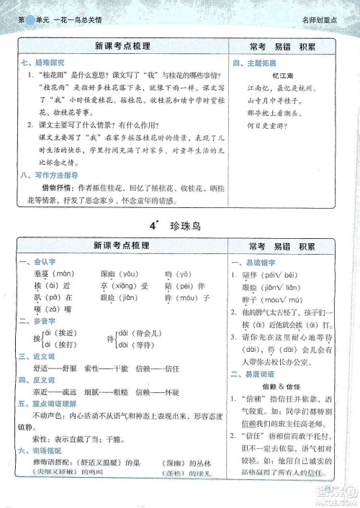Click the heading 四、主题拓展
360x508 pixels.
click(x=249, y=63)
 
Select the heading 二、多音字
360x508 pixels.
click(x=32, y=322)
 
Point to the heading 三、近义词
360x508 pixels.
click(x=32, y=357)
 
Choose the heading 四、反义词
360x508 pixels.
click(x=32, y=380)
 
